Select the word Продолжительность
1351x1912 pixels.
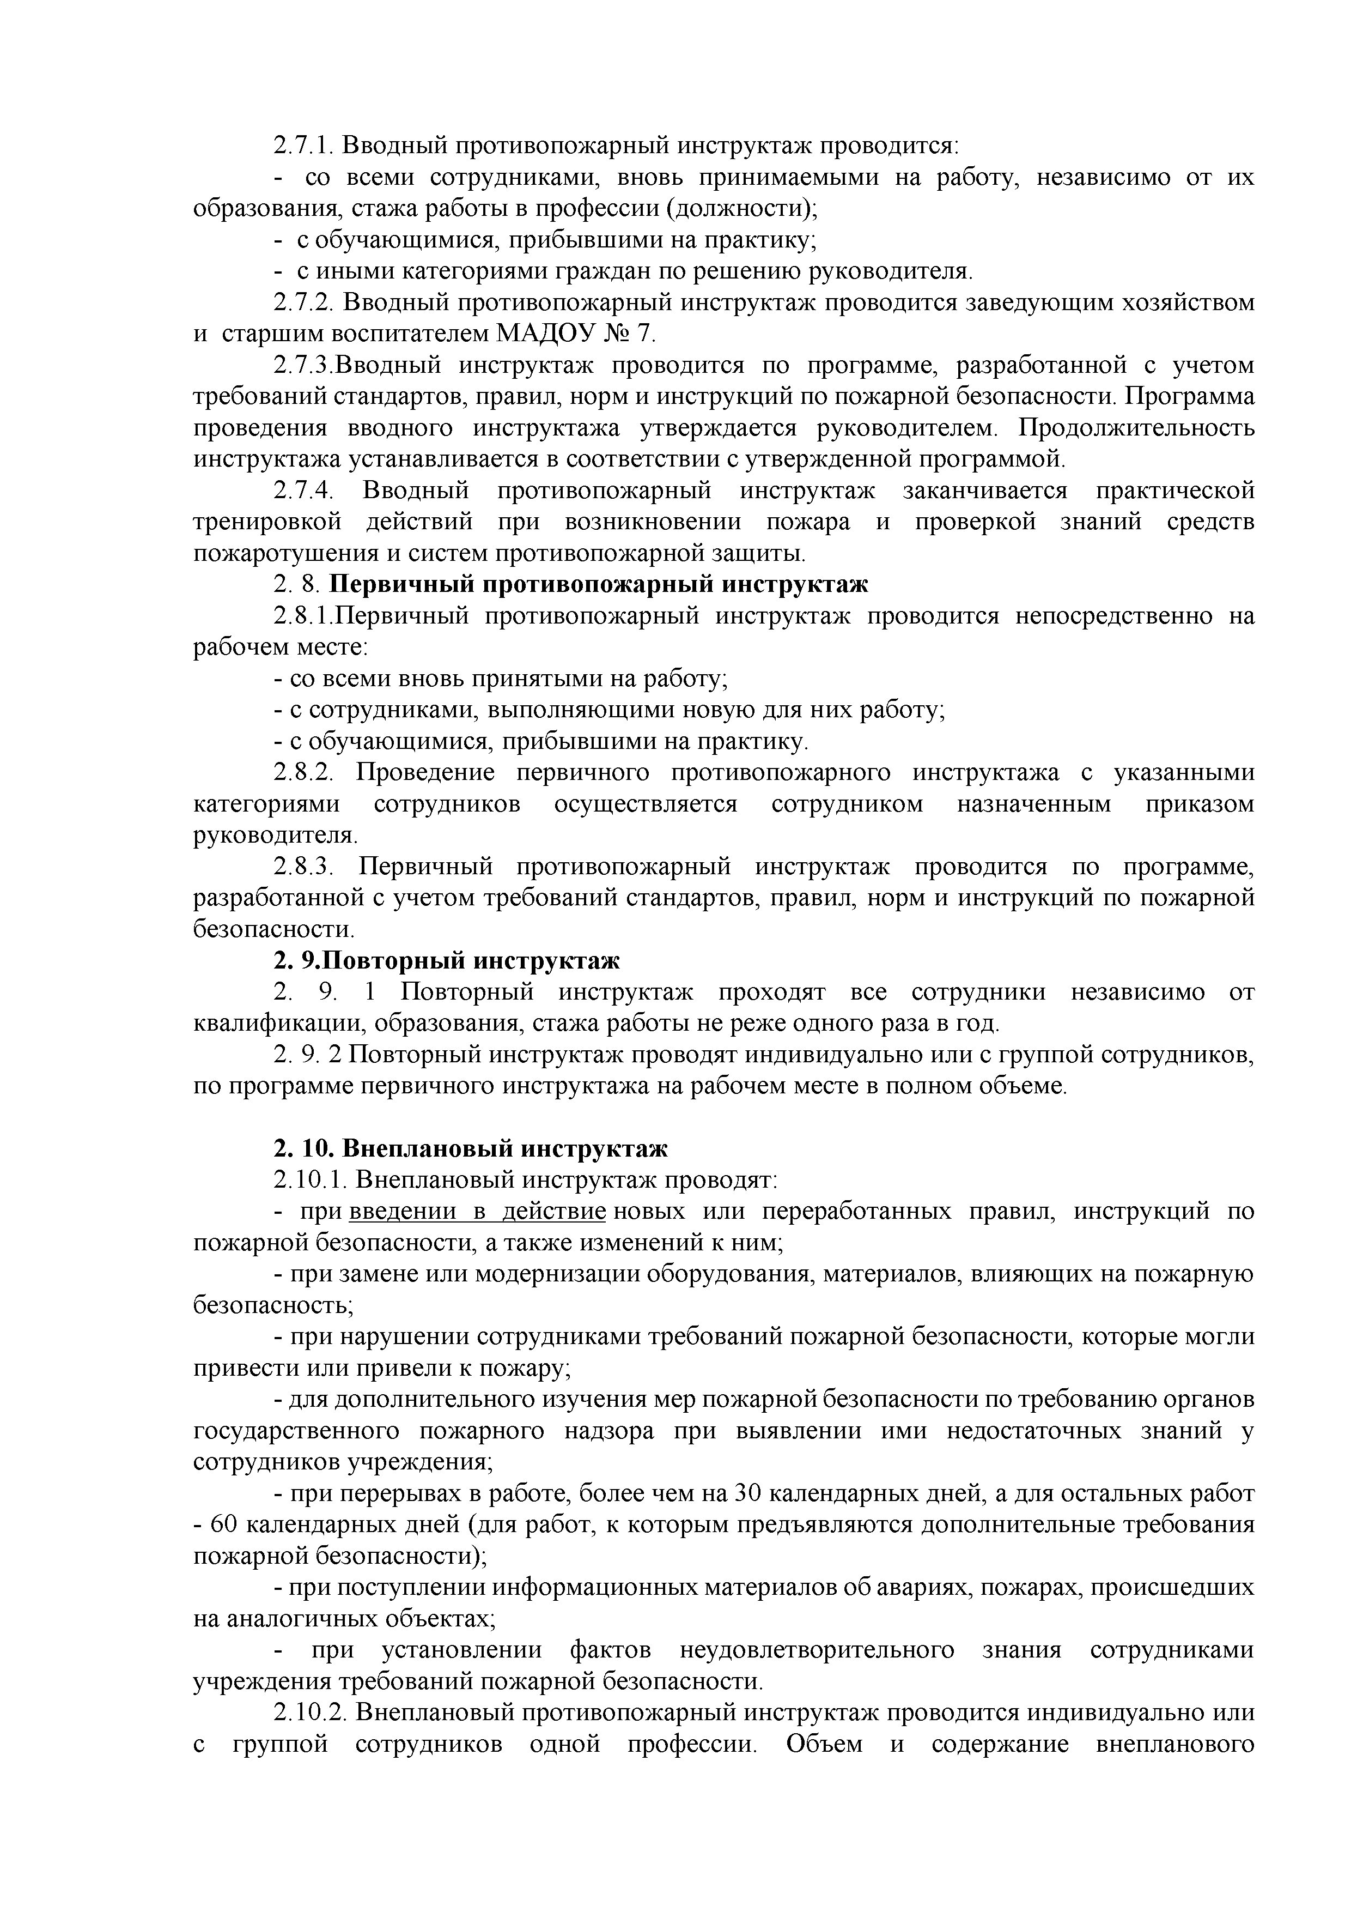coord(1137,428)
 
